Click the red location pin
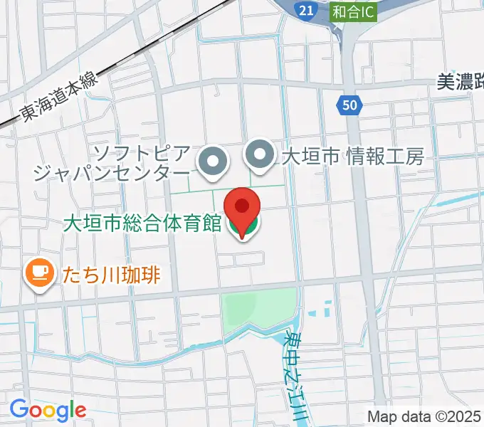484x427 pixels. [242, 209]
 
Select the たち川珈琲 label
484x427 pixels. [111, 273]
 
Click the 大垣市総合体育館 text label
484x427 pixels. [142, 224]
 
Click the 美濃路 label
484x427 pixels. [459, 83]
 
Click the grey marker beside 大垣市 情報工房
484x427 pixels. [261, 153]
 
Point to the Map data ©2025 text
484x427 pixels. [425, 416]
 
